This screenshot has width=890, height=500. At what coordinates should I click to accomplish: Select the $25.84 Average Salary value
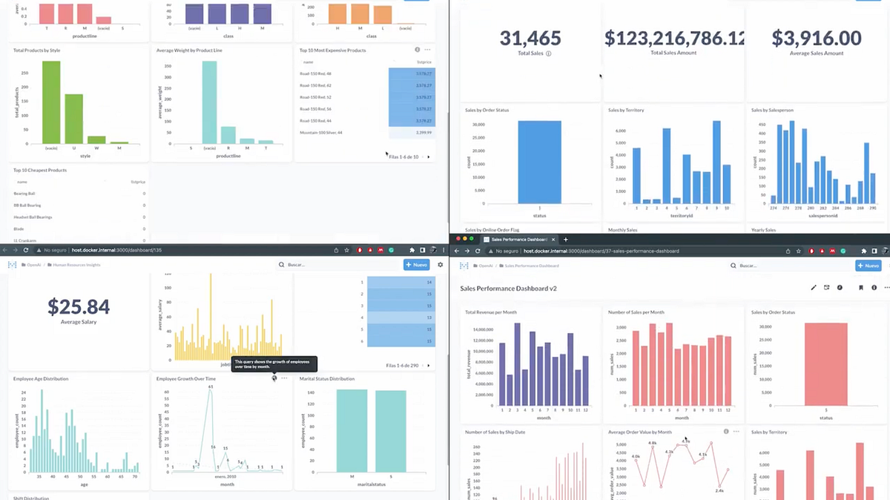(78, 306)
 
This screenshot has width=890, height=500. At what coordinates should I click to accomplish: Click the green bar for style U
(73, 119)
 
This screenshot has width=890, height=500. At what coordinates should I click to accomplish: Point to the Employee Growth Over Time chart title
(186, 379)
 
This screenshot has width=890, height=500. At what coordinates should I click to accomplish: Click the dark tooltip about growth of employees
(274, 364)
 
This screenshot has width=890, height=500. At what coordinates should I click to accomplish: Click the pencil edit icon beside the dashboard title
(813, 288)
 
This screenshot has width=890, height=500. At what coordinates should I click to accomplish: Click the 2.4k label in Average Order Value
(719, 490)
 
